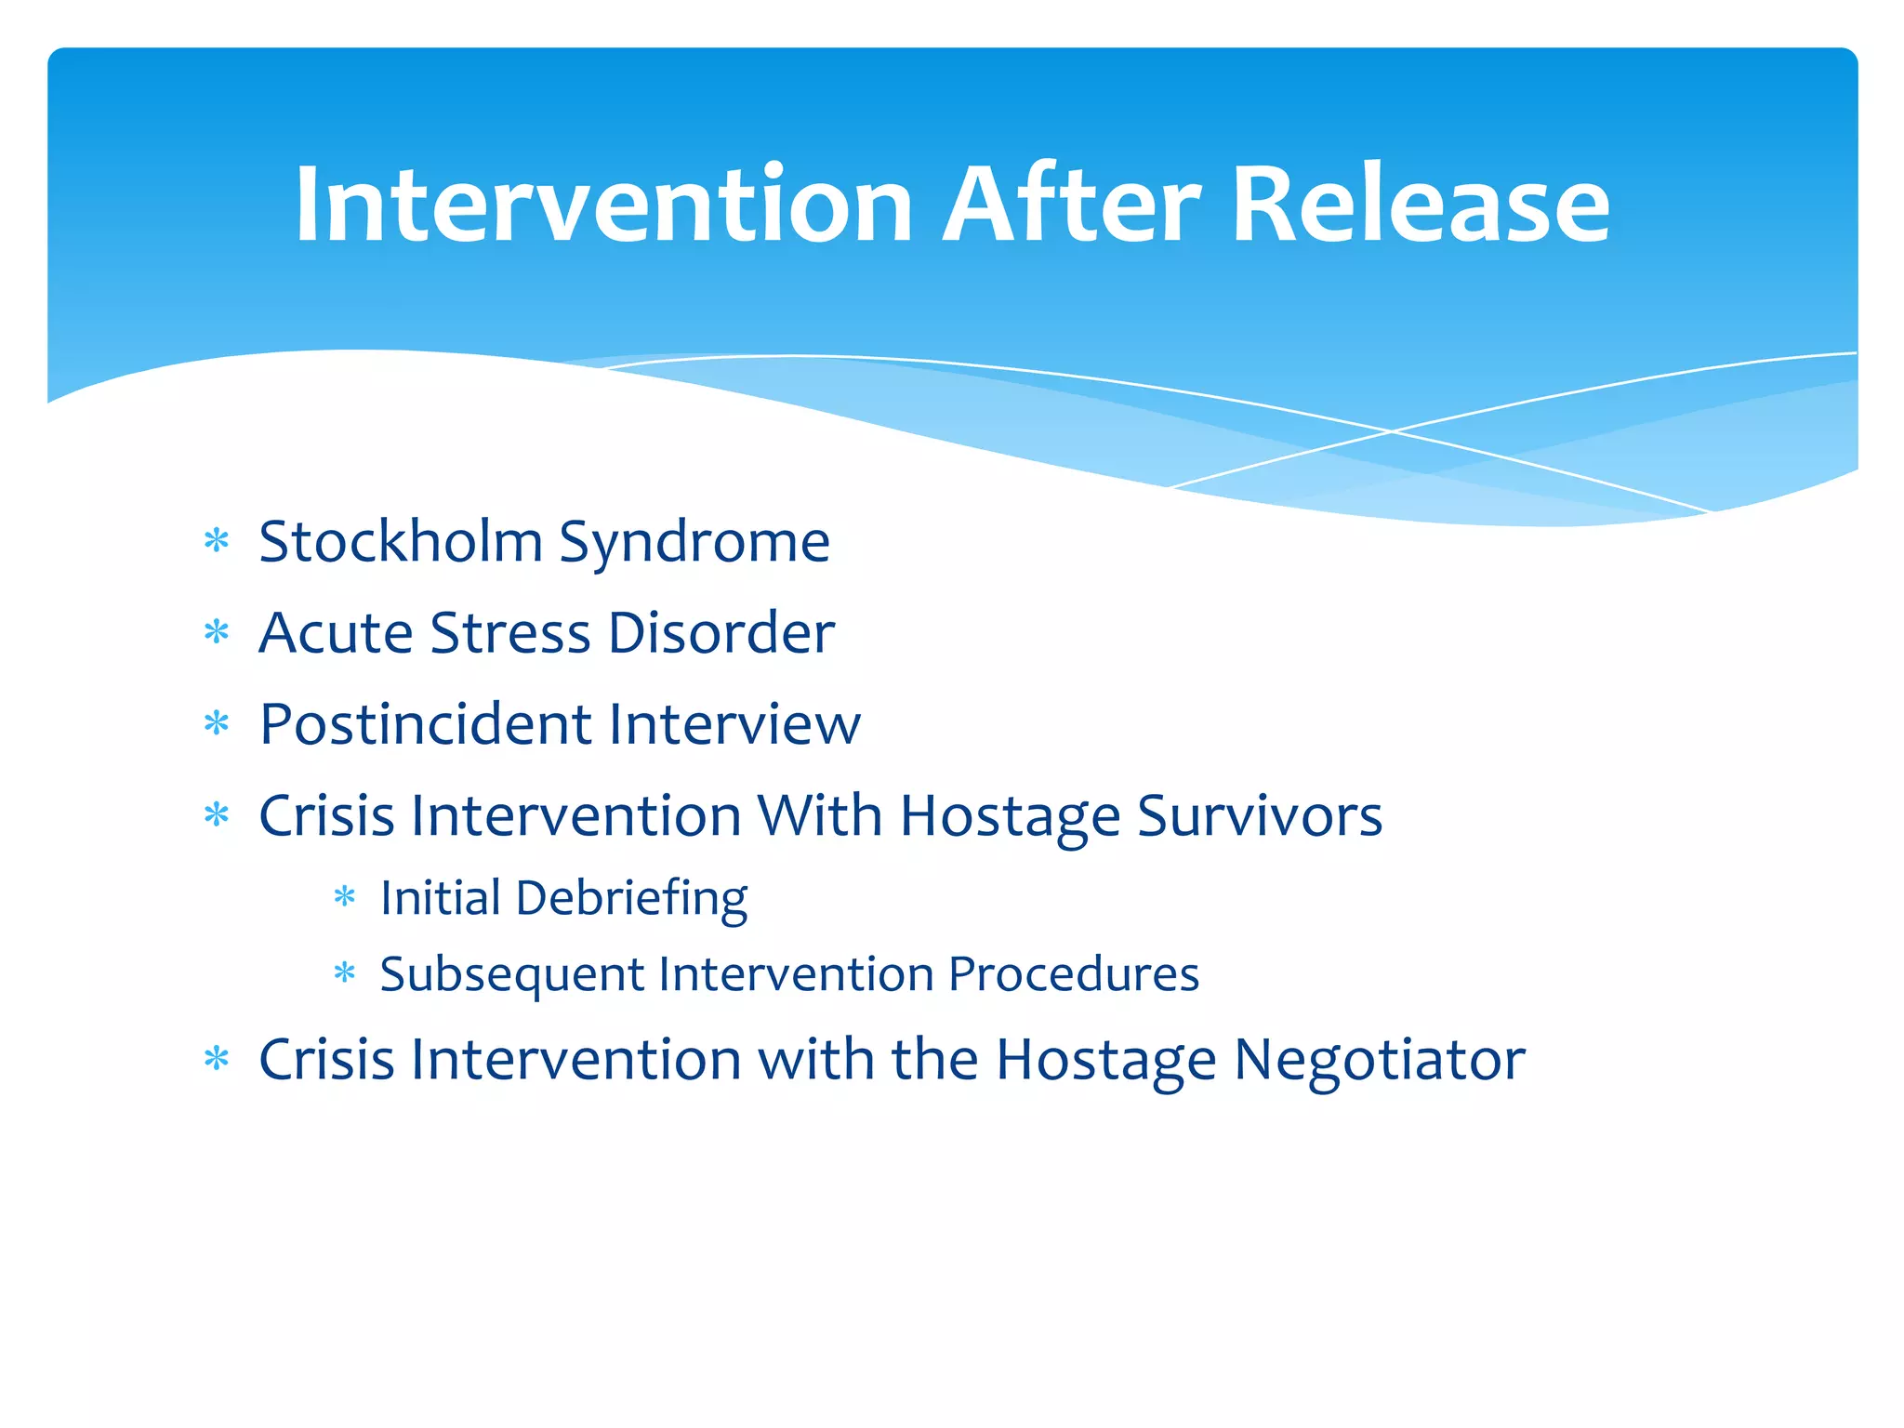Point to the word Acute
[x=336, y=633]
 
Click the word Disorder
[x=721, y=633]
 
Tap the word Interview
[x=734, y=724]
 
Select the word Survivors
[x=1259, y=815]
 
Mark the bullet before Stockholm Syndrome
[x=217, y=541]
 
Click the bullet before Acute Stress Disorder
[x=217, y=633]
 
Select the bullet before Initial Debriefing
[x=345, y=897]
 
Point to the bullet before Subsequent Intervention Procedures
[x=345, y=973]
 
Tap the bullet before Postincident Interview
[x=217, y=723]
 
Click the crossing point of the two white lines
[x=1392, y=431]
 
